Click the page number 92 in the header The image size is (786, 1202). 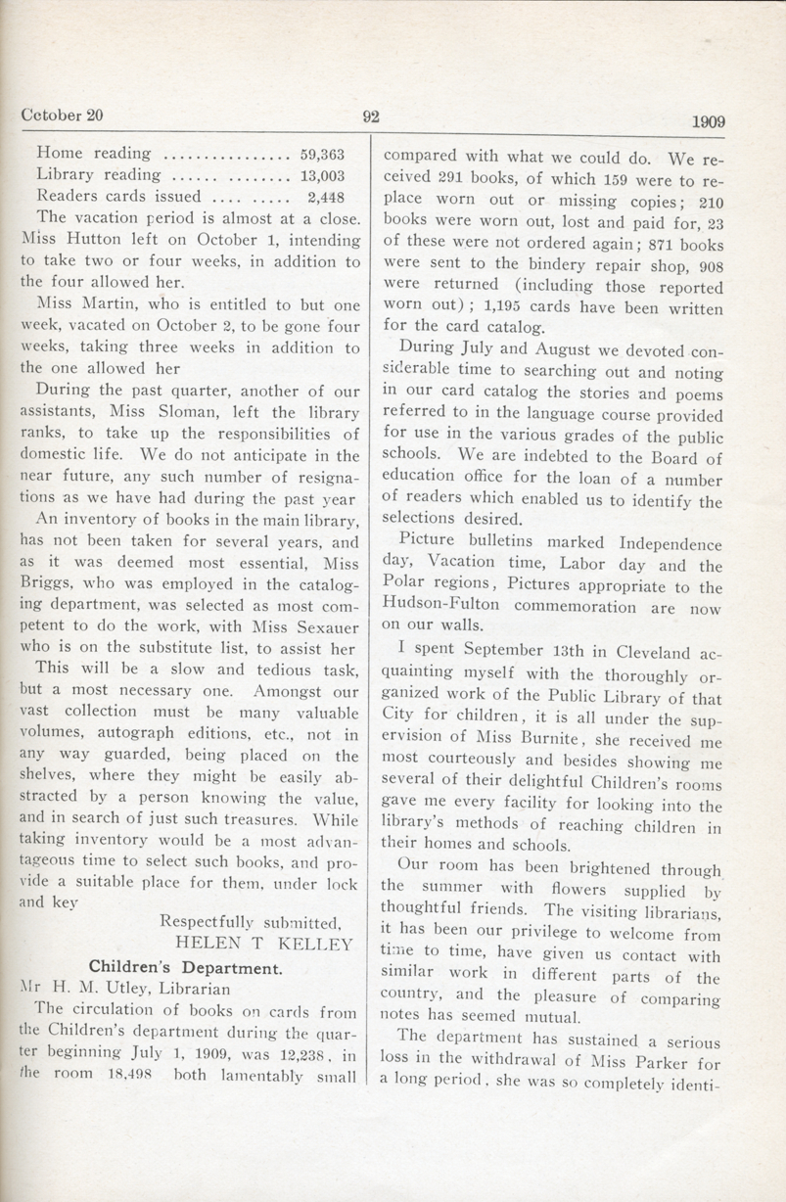pos(370,116)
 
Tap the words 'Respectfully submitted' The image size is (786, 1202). pos(250,921)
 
